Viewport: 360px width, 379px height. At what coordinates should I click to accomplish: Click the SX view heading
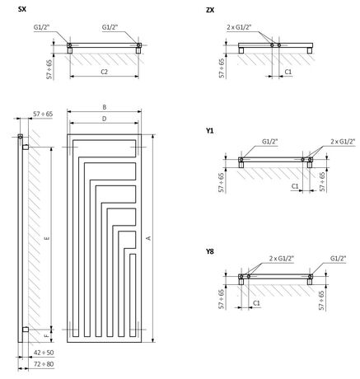pyautogui.click(x=22, y=9)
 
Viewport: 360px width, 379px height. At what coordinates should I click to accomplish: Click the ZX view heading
pyautogui.click(x=210, y=10)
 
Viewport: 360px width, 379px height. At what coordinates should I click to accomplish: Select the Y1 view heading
pyautogui.click(x=210, y=131)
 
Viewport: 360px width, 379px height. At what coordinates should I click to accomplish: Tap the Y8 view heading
pyautogui.click(x=210, y=251)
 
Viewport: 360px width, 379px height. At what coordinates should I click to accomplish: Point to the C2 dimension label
pyautogui.click(x=104, y=72)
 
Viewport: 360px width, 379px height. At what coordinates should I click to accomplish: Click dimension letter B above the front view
pyautogui.click(x=105, y=107)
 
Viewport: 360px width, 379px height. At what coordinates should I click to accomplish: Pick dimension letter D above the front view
pyautogui.click(x=105, y=119)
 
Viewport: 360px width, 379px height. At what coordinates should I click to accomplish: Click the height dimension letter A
pyautogui.click(x=148, y=238)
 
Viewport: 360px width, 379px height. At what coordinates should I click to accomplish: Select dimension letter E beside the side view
pyautogui.click(x=47, y=238)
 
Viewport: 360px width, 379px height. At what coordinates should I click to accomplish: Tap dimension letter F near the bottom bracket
pyautogui.click(x=47, y=335)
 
